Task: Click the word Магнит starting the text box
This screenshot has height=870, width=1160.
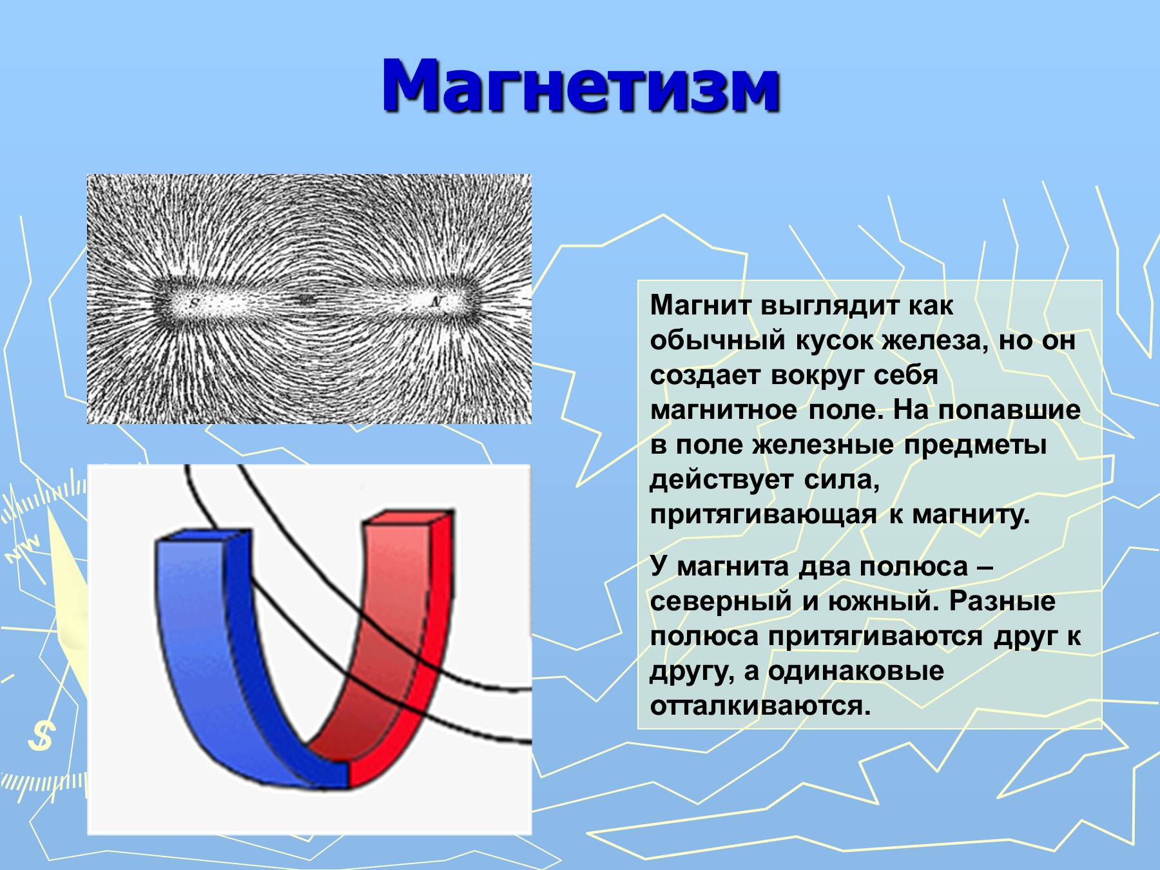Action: pos(701,305)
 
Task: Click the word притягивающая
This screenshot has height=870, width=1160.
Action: pos(763,515)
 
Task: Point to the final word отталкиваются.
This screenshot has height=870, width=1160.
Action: pos(760,706)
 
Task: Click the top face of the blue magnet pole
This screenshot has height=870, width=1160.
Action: pos(202,536)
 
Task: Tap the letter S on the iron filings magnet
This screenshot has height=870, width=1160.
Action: pos(195,302)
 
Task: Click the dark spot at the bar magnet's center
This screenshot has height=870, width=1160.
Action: pos(305,299)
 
